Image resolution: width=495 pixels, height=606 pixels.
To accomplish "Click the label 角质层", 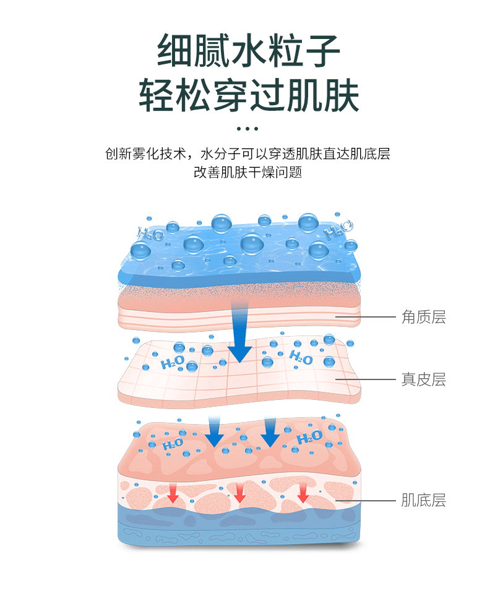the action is click(x=423, y=318).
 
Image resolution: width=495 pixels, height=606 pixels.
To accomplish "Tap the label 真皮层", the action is click(x=423, y=379).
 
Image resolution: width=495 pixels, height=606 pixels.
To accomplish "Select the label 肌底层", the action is click(x=423, y=500).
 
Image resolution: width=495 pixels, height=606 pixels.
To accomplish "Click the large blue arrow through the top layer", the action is click(x=239, y=332).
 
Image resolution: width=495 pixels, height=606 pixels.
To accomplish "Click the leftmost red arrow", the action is click(x=173, y=492).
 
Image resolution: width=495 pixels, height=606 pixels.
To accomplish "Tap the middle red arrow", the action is click(x=240, y=492).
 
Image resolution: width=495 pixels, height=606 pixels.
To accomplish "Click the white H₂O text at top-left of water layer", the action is click(x=151, y=233).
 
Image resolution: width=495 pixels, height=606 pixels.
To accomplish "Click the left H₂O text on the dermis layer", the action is click(x=173, y=362).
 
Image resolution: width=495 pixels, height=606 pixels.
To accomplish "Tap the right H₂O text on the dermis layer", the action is click(x=301, y=358).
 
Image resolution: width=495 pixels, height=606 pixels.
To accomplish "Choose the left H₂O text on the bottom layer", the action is click(x=173, y=444).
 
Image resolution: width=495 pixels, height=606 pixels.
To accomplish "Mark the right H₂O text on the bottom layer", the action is click(x=309, y=437).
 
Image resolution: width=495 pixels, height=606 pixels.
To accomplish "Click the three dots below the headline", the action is click(x=247, y=128).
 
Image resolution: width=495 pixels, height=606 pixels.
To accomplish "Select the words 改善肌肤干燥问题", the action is click(x=247, y=172).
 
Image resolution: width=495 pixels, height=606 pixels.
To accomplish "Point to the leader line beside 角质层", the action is click(x=366, y=317).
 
